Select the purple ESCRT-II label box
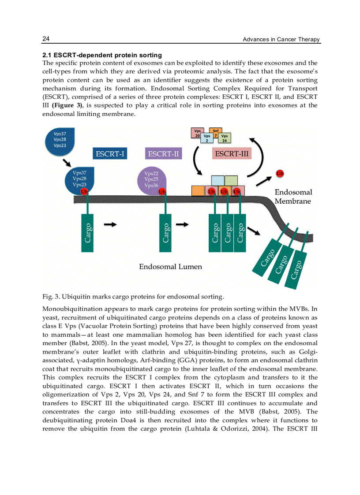pyautogui.click(x=163, y=154)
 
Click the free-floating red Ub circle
pyautogui.click(x=279, y=173)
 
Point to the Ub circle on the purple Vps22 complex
pyautogui.click(x=162, y=192)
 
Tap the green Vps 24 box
pyautogui.click(x=225, y=138)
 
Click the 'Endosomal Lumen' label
pyautogui.click(x=170, y=267)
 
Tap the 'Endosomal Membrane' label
pyautogui.click(x=293, y=197)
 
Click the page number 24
pyautogui.click(x=46, y=39)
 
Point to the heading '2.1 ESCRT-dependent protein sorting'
pyautogui.click(x=102, y=55)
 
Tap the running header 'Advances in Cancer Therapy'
pyautogui.click(x=281, y=40)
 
